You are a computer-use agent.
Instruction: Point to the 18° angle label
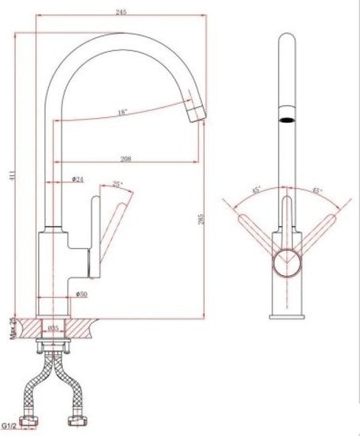pos(121,113)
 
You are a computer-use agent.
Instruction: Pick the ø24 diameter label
pos(78,179)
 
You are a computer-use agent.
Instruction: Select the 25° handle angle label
pos(117,185)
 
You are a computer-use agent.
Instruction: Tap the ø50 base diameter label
pos(82,294)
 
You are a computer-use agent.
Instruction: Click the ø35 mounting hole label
pos(54,327)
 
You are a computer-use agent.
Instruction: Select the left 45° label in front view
pos(257,190)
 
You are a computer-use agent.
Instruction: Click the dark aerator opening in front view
pos(285,121)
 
